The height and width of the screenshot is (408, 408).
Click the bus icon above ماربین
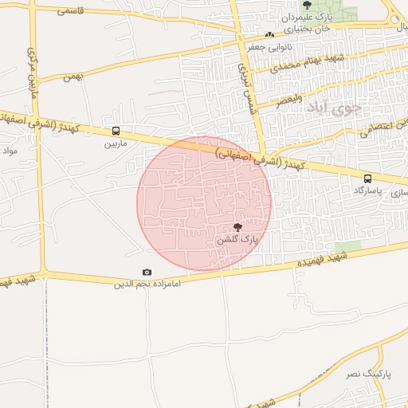(116, 131)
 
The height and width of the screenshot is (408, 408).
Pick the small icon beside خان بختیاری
(269, 34)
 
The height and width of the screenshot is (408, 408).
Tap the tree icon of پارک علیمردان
(307, 5)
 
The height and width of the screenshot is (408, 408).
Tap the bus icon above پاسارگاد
(367, 178)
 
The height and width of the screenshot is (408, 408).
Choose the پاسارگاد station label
(367, 191)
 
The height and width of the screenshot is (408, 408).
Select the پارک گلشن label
(237, 239)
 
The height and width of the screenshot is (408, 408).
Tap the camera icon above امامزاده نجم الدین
(147, 273)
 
